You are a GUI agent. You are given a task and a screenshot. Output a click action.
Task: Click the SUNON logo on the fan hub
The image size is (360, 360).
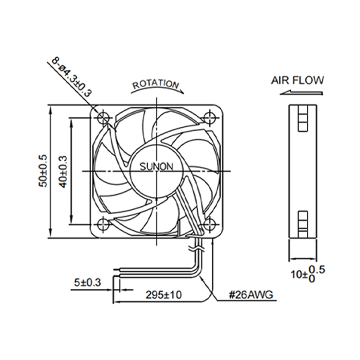156,167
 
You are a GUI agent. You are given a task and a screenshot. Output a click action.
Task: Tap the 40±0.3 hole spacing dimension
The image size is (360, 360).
63,171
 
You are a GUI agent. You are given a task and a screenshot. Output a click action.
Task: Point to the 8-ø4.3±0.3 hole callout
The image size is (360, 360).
72,76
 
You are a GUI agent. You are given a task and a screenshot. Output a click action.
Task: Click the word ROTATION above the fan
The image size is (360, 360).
156,84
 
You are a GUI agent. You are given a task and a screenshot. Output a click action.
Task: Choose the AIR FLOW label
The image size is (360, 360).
298,80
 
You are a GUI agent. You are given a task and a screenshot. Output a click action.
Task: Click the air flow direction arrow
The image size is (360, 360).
301,93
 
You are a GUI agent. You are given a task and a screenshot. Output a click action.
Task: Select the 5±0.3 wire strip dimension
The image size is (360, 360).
87,282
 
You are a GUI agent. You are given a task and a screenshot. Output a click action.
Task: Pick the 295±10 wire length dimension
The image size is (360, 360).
164,295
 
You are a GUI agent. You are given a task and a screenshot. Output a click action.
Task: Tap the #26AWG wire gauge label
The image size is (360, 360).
251,295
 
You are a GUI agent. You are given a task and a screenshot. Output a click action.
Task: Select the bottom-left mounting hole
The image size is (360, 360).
103,224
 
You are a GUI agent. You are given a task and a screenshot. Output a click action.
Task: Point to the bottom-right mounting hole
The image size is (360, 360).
210,224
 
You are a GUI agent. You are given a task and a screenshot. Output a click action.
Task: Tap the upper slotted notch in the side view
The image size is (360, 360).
302,118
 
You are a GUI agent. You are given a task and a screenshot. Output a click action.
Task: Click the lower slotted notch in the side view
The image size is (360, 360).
302,224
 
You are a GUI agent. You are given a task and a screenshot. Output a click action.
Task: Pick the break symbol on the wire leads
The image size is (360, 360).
196,248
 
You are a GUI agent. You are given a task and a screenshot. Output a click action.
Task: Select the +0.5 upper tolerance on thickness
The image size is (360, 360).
317,270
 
